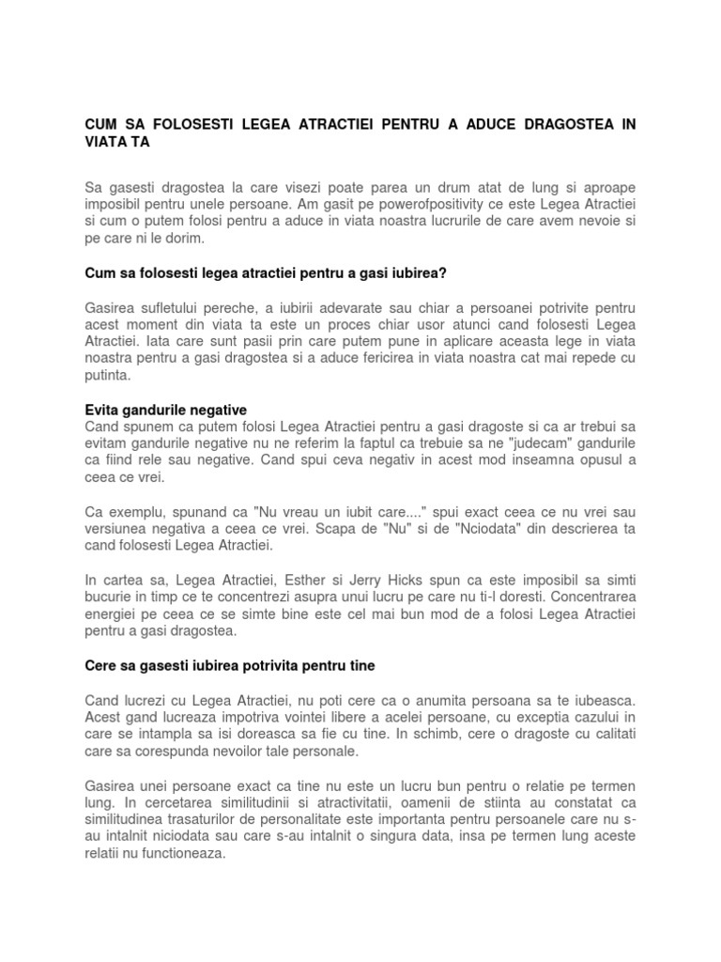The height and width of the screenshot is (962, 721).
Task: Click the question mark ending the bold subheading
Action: [446, 273]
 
